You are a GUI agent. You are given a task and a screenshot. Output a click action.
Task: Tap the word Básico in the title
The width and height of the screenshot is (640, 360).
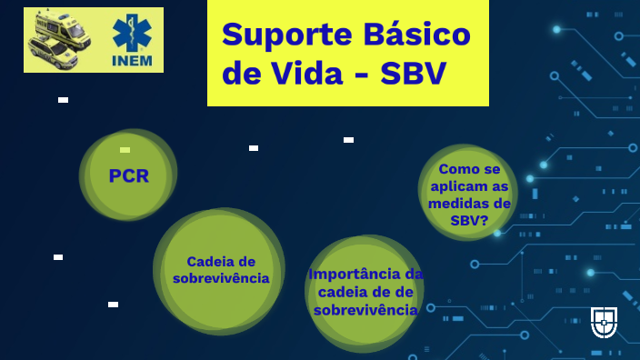[414, 35]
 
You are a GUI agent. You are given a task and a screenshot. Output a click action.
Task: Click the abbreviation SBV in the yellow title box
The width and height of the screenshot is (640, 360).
[414, 74]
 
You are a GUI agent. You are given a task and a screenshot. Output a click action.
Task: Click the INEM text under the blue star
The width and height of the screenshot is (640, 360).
[132, 60]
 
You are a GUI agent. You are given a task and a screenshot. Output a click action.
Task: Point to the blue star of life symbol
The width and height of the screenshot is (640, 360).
[131, 33]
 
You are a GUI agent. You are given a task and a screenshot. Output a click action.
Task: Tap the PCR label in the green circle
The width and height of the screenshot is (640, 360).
[128, 176]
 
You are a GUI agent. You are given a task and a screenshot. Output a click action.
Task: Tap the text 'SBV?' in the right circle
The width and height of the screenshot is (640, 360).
[469, 221]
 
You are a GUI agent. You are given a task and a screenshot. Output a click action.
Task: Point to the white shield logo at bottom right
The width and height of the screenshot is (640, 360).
[604, 321]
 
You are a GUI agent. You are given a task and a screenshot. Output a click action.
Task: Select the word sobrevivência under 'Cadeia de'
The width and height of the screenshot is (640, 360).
[221, 278]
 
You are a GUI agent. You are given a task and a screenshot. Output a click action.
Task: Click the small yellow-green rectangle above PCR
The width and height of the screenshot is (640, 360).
[125, 150]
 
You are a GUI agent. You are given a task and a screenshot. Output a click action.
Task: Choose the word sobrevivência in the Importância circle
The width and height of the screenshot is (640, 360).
[365, 310]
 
